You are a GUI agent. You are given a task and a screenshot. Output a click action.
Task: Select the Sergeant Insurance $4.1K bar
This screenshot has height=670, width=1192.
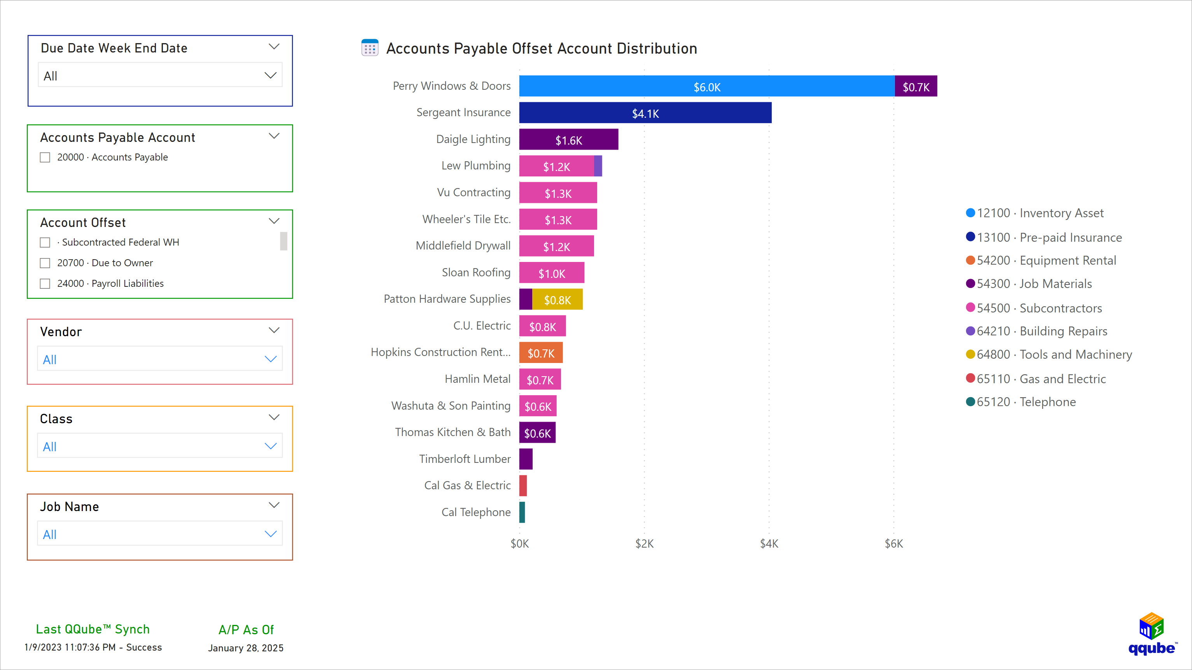click(x=645, y=113)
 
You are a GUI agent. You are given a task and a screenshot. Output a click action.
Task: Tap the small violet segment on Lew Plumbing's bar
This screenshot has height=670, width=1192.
click(x=598, y=166)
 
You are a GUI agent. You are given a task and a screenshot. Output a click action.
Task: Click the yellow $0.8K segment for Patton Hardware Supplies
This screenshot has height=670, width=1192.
click(x=557, y=299)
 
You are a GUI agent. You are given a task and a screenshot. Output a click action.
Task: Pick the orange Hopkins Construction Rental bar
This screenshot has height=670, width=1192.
click(x=540, y=353)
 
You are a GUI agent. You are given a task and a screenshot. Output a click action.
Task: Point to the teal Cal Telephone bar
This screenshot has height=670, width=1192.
click(x=522, y=512)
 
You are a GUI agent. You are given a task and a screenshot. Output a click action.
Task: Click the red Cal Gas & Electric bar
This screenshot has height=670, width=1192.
click(x=523, y=485)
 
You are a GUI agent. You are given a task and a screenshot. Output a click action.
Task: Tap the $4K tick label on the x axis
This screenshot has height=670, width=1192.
click(x=769, y=544)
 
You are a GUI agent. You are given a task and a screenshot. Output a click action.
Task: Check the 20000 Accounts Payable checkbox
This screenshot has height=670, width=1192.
click(x=45, y=157)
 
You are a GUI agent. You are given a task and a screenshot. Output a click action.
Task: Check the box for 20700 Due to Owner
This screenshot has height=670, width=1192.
click(x=45, y=263)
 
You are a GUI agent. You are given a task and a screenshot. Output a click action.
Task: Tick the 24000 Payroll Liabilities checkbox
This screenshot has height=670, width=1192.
click(x=45, y=284)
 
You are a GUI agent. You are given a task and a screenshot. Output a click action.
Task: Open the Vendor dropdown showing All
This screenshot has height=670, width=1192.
click(x=160, y=359)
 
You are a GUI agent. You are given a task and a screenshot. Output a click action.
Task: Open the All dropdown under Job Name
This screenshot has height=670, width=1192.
click(x=160, y=534)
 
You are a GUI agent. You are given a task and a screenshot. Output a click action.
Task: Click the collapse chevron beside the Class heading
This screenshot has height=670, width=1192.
click(x=274, y=417)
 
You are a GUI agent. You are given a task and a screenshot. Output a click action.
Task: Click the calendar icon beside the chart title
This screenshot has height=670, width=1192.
click(x=370, y=48)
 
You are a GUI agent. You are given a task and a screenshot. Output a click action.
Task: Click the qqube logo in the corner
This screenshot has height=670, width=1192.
click(x=1151, y=633)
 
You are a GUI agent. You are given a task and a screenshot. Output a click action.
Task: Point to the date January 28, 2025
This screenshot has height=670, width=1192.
click(x=246, y=648)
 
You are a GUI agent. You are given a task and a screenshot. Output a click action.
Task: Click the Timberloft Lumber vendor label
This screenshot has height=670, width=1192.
click(x=465, y=459)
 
